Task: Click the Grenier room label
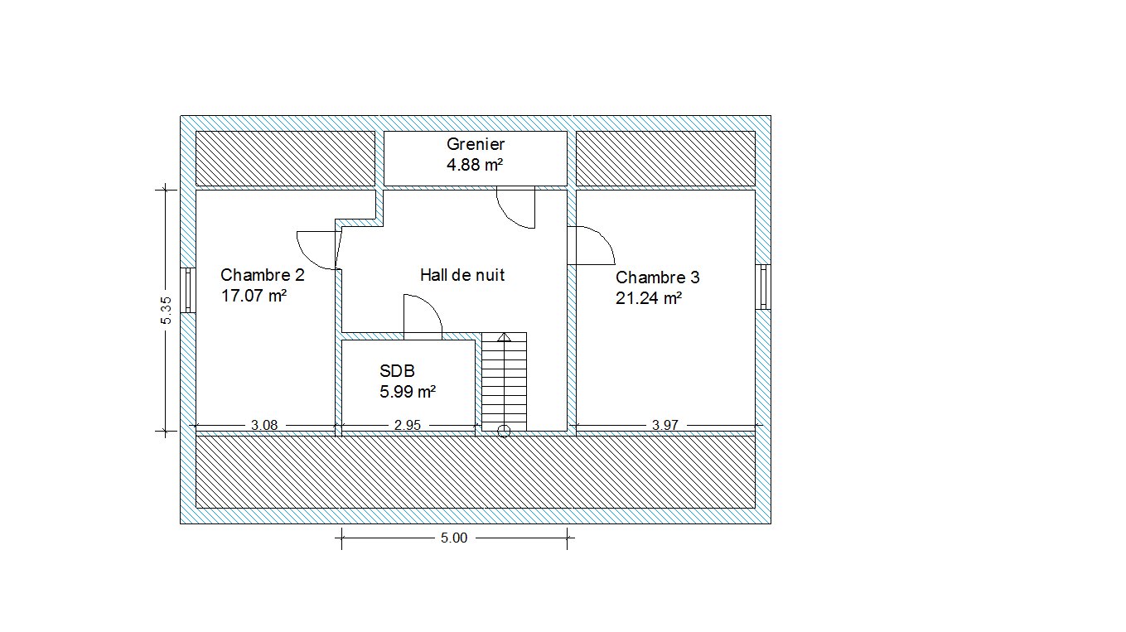click(x=475, y=144)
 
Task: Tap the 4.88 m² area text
click(x=475, y=165)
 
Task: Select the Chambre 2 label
click(x=263, y=275)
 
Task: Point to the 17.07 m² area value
click(x=254, y=296)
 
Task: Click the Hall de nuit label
click(x=462, y=275)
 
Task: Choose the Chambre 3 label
click(x=658, y=277)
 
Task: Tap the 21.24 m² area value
click(x=649, y=298)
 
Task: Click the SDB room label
click(x=397, y=371)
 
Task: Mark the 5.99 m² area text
click(x=408, y=392)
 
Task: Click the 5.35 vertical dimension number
click(x=167, y=311)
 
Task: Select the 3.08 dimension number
click(x=264, y=426)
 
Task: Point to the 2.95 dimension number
click(x=408, y=426)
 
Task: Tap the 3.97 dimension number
click(x=665, y=426)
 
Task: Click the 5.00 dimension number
click(x=454, y=538)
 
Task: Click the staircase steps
click(x=505, y=382)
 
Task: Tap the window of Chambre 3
click(x=763, y=287)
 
